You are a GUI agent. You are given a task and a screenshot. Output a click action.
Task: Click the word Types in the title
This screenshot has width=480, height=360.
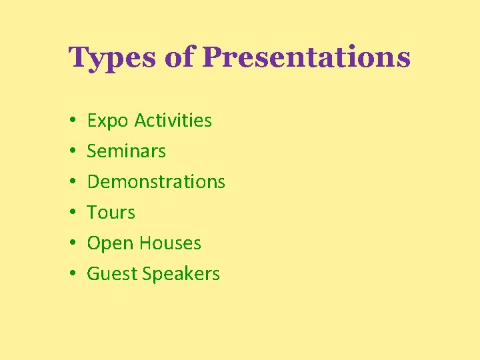(x=113, y=58)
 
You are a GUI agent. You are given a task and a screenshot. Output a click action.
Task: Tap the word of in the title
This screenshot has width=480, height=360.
(x=179, y=58)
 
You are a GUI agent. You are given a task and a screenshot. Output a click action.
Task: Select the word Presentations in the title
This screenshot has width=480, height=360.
(x=306, y=58)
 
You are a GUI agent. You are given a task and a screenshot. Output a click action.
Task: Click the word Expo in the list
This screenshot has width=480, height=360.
(x=108, y=121)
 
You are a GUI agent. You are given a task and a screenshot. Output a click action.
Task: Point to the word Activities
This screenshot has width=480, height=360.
(x=173, y=121)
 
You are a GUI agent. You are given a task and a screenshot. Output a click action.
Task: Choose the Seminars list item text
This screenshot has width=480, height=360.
(x=127, y=151)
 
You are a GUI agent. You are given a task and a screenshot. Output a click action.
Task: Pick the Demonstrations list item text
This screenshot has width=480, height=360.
(x=156, y=182)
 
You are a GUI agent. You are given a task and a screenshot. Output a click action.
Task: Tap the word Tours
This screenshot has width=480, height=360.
(x=111, y=213)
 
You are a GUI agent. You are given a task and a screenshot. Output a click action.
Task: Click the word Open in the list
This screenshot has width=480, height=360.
(x=109, y=244)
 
